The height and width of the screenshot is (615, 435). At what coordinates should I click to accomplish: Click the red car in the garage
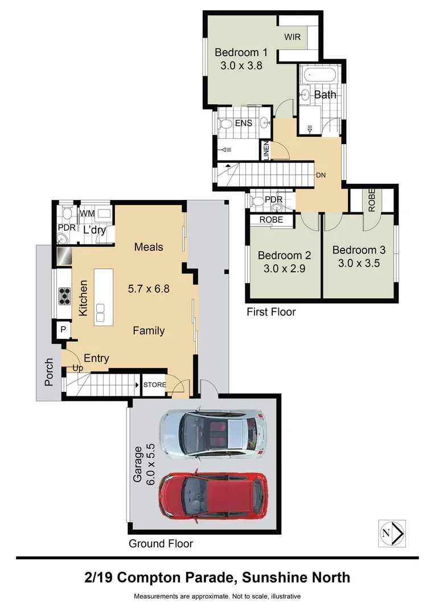[214, 497]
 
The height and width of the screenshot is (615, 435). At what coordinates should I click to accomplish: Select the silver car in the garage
[213, 434]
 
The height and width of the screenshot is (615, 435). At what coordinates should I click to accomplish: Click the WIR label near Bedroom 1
[292, 37]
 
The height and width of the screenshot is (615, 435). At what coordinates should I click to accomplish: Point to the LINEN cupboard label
[266, 150]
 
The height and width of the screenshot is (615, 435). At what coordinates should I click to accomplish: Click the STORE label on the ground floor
[154, 385]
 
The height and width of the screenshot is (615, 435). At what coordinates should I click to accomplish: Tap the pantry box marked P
[63, 330]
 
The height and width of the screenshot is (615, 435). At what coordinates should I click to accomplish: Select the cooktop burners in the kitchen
[64, 296]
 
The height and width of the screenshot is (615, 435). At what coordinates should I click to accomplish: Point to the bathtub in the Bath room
[321, 75]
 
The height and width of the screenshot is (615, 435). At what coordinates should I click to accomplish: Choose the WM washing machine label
[87, 214]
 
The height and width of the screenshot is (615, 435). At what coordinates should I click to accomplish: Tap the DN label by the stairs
[321, 175]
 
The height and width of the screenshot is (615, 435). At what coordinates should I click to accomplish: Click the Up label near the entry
[77, 368]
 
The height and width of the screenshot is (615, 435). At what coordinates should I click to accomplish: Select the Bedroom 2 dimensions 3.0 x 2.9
[284, 269]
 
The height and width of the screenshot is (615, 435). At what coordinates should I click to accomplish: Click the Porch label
[48, 372]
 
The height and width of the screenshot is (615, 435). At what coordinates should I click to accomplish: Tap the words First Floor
[271, 312]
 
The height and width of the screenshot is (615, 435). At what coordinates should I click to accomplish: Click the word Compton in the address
[149, 578]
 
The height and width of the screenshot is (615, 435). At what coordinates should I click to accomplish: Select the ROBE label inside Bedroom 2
[271, 220]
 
